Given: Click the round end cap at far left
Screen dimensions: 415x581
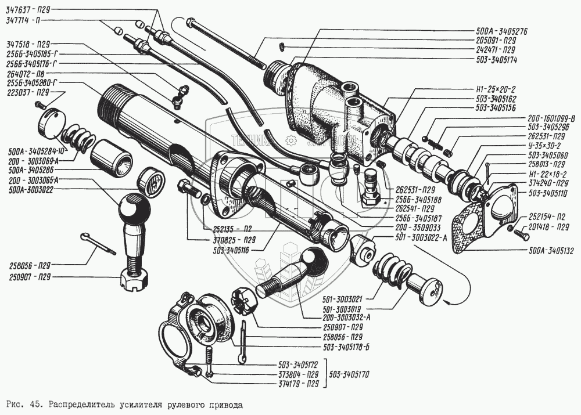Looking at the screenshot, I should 51,123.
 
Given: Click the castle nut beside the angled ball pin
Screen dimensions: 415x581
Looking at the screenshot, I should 243,300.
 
